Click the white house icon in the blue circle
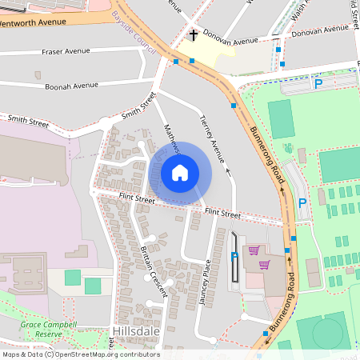point(180,172)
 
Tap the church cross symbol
point(194,35)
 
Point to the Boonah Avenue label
point(71,85)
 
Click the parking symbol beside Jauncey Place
point(234,256)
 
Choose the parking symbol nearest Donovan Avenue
point(318,83)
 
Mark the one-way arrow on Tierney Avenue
point(227,170)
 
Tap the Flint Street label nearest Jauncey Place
point(222,214)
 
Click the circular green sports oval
point(326,332)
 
